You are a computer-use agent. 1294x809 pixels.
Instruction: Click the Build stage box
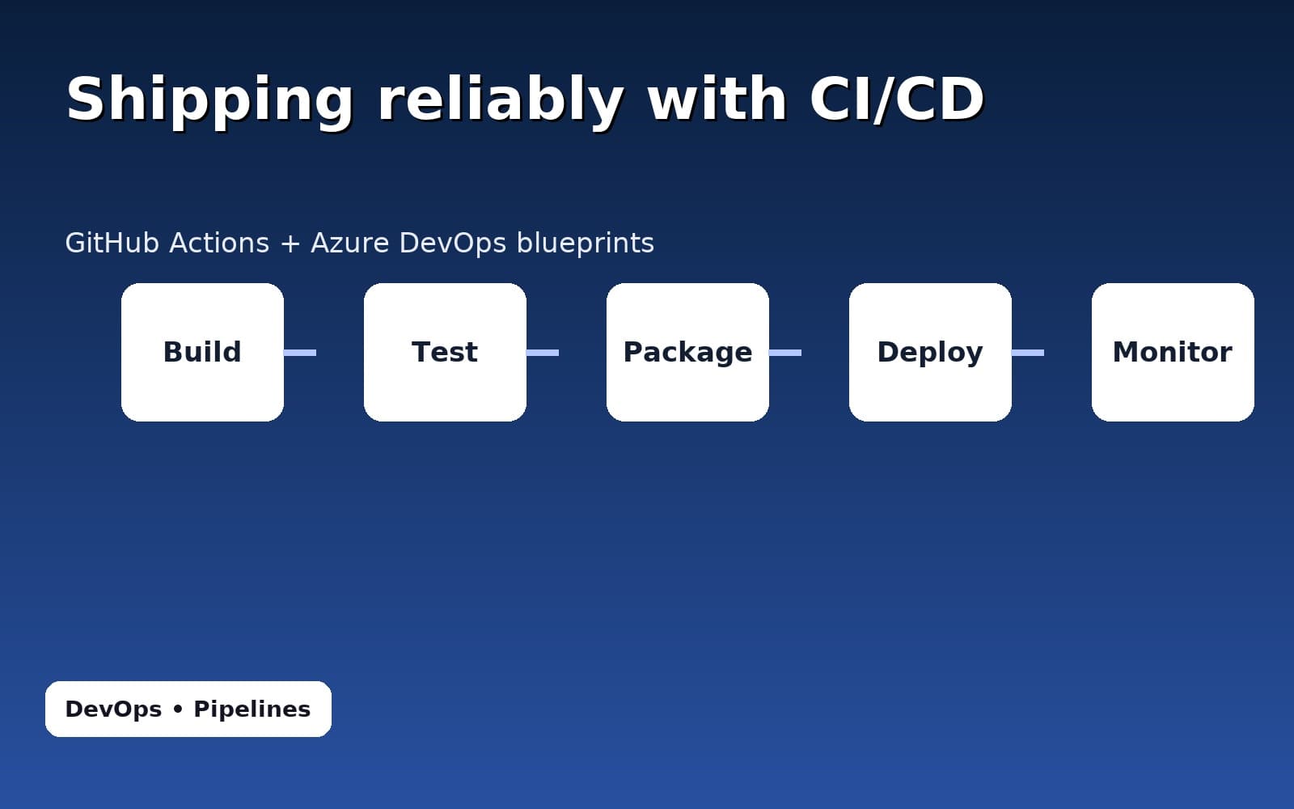202,352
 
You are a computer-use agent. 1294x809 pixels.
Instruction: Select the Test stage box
445,352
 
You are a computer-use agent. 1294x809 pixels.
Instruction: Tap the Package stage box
687,352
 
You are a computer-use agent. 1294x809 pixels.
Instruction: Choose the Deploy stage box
930,352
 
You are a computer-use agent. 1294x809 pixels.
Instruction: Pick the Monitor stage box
1173,352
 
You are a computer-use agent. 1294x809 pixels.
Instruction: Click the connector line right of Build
300,353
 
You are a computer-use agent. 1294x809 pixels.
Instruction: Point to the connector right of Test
543,353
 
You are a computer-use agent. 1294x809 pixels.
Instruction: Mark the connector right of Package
785,353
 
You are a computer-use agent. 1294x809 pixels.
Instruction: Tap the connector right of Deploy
1028,353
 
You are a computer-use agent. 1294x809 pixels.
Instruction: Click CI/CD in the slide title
896,99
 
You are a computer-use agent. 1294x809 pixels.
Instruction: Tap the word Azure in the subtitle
350,243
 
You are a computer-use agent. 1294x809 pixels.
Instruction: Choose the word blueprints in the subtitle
585,244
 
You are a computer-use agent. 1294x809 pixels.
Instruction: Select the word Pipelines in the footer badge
252,709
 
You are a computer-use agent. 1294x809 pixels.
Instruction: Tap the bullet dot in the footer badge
178,709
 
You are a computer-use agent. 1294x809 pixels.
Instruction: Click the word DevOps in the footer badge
113,709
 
